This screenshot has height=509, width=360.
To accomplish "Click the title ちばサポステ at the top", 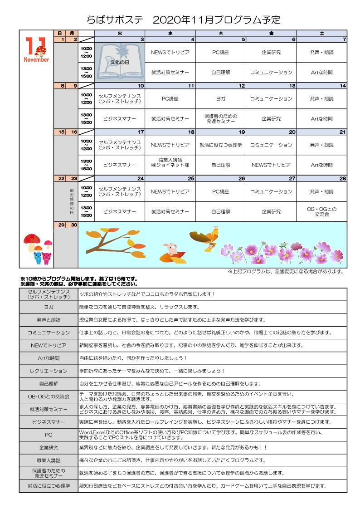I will point(115,20).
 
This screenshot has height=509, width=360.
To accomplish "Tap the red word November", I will point(37,60).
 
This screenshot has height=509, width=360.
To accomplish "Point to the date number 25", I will point(191,179).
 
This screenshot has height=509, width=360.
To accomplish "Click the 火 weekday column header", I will point(120,34).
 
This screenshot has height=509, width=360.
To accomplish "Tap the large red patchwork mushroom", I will point(32,241).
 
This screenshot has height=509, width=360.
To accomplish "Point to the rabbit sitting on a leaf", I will point(171,249).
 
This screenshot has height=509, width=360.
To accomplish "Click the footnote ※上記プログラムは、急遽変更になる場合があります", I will point(285,272).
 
